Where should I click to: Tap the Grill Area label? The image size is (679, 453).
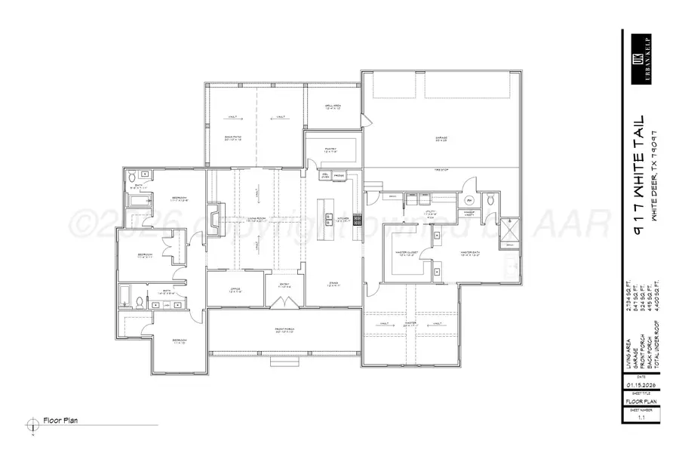pos(333,107)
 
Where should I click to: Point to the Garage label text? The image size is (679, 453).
pos(441,138)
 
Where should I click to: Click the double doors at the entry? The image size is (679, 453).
pos(284,304)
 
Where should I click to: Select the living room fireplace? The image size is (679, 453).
pos(214,220)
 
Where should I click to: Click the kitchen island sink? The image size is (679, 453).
pos(330,220)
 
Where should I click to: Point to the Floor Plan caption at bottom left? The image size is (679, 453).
pos(62,421)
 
